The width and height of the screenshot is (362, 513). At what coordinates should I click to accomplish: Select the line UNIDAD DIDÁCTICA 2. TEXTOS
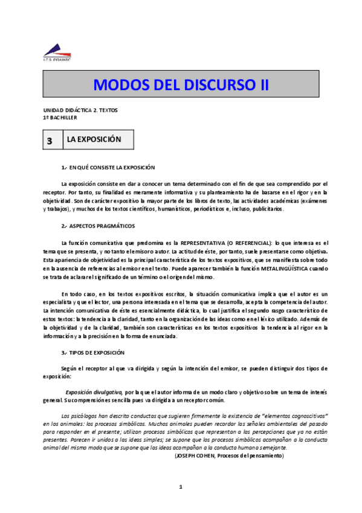(x=80, y=110)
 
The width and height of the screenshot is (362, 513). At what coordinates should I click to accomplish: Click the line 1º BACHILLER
(x=60, y=117)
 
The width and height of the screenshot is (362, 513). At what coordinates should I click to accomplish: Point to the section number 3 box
(x=50, y=140)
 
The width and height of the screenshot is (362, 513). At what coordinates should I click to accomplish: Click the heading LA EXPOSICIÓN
(x=94, y=140)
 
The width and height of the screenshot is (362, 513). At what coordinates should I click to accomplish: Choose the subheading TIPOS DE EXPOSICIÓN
(x=97, y=352)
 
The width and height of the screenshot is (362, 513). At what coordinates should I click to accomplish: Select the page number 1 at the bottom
(x=181, y=487)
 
